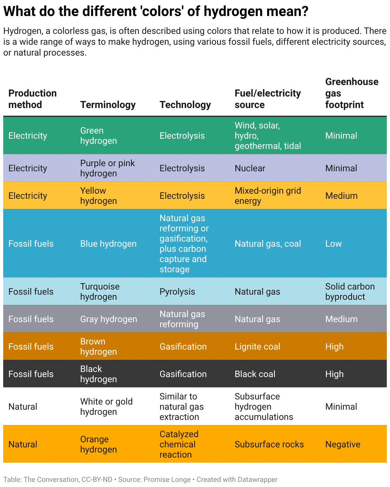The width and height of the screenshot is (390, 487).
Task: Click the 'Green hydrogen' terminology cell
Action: click(x=98, y=135)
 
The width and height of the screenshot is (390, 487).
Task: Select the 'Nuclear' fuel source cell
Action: click(x=250, y=168)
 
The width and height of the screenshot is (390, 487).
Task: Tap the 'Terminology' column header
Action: click(x=108, y=104)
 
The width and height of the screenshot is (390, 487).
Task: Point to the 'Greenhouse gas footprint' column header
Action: click(x=351, y=93)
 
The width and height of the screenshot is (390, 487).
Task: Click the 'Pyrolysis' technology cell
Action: click(x=177, y=291)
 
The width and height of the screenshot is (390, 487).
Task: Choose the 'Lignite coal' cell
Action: click(x=257, y=346)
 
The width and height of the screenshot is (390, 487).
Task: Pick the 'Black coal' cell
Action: click(x=255, y=374)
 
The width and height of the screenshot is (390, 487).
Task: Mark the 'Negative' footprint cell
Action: click(x=343, y=444)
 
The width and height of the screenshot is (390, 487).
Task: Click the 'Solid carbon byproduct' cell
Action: click(x=350, y=291)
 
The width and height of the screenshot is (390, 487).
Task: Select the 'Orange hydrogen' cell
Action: click(x=98, y=444)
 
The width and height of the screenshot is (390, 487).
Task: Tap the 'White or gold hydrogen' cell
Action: click(x=106, y=406)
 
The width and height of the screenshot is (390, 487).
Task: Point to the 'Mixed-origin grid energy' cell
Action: click(x=268, y=196)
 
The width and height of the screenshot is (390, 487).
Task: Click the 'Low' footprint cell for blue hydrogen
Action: click(x=333, y=243)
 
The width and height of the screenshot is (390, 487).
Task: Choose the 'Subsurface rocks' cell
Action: click(x=269, y=444)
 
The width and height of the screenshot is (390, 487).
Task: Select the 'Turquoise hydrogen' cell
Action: click(x=100, y=291)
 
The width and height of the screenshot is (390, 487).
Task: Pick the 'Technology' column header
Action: click(x=185, y=104)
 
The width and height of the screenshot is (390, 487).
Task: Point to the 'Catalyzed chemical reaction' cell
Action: click(x=179, y=444)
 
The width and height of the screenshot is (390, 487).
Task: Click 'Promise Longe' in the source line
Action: click(x=167, y=479)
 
